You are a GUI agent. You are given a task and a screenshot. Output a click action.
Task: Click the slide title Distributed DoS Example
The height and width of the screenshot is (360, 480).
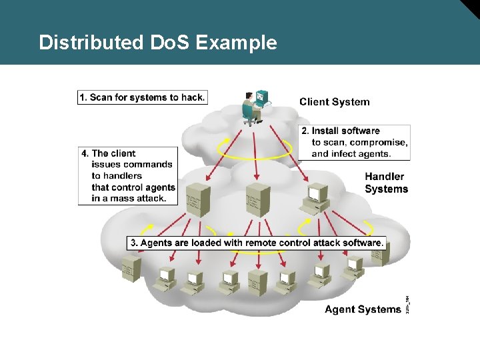pos(157,43)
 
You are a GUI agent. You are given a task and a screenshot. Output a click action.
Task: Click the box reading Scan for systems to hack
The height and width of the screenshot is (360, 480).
pos(142,97)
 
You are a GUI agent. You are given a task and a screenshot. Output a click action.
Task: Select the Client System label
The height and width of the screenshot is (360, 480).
pos(334,102)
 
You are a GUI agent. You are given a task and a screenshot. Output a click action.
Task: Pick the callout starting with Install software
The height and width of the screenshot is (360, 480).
pos(355,141)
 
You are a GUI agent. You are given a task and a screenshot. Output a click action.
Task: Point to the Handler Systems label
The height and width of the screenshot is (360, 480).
pos(386,183)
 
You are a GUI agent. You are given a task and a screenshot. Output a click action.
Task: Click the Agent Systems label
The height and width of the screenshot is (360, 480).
pos(363,309)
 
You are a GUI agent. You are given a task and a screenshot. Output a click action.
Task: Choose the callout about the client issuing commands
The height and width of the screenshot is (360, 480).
pos(129,176)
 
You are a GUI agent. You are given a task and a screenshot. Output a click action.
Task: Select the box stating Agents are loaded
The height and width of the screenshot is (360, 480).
pos(257,243)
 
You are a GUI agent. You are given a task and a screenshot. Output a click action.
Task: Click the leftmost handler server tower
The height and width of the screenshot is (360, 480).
pos(199,201)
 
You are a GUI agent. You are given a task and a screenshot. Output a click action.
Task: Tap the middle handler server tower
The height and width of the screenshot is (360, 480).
pos(258,199)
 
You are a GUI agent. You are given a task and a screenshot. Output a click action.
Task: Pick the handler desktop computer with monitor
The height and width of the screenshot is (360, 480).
pos(316,197)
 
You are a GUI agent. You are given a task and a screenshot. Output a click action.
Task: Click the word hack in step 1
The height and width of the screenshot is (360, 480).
pos(193,97)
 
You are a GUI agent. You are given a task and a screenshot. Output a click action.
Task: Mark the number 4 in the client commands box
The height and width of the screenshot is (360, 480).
pos(84,153)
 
